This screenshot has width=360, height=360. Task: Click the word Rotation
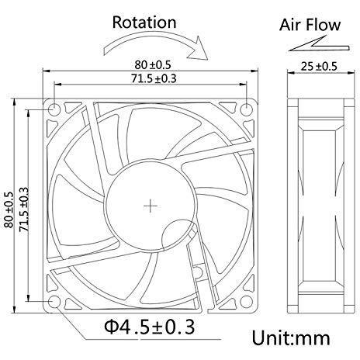[x=144, y=22]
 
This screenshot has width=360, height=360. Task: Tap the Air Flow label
[x=310, y=25]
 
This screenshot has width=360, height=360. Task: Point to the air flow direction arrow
[x=319, y=44]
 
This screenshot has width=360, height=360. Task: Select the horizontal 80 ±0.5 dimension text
[x=153, y=65]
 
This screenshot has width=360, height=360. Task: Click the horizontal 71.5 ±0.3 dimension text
[x=154, y=78]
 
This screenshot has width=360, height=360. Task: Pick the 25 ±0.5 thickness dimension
[x=319, y=67]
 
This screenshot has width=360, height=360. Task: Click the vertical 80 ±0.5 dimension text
[x=9, y=209]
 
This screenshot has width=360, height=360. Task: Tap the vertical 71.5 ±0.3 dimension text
[x=24, y=209]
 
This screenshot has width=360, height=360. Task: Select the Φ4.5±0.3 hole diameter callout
[x=149, y=327]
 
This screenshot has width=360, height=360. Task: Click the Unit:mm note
[x=291, y=338]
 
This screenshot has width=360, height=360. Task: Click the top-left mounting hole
[x=54, y=109]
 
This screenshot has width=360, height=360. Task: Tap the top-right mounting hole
[x=247, y=109]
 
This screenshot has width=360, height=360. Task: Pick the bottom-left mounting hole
[x=54, y=302]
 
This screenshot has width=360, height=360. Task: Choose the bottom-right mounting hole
[x=247, y=302]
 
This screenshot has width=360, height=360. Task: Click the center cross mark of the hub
[x=151, y=206]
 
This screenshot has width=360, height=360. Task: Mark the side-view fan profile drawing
[x=321, y=206]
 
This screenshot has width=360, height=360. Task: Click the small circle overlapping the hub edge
[x=178, y=236]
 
